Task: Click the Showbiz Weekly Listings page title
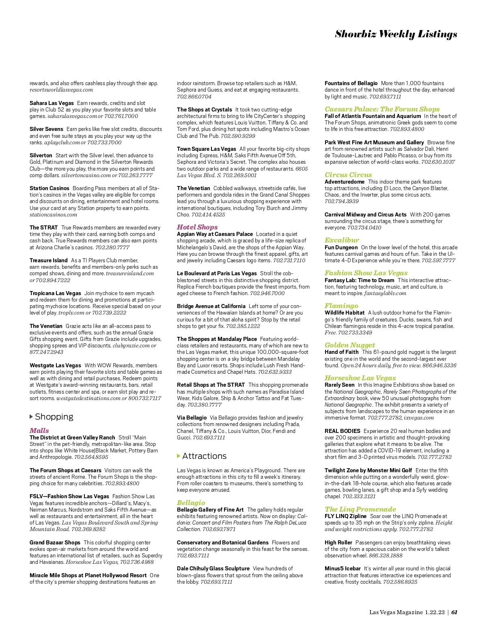click(396, 34)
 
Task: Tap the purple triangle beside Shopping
click(32, 417)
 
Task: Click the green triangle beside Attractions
click(179, 456)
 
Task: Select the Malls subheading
click(39, 431)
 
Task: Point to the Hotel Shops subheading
click(197, 227)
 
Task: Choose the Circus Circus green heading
click(348, 175)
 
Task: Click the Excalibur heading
click(342, 240)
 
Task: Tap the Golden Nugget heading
click(350, 345)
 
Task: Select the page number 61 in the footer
click(455, 612)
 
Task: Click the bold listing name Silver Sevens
click(46, 129)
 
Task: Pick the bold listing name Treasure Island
click(49, 260)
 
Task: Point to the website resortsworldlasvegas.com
click(61, 90)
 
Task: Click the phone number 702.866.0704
click(194, 96)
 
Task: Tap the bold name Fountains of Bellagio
click(351, 83)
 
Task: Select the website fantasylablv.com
click(385, 293)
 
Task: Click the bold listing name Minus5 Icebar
click(343, 568)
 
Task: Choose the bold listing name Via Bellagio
click(192, 418)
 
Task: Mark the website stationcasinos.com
click(53, 215)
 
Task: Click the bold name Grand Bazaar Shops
click(55, 542)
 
